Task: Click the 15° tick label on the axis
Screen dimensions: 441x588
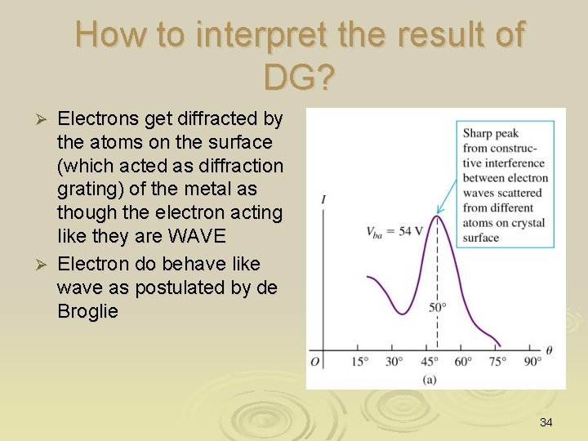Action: click(360, 361)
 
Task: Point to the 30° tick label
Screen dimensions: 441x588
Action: click(394, 361)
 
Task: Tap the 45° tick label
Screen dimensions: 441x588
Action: click(430, 361)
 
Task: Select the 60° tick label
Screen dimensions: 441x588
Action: click(464, 361)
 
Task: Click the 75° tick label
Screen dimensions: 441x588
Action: click(499, 361)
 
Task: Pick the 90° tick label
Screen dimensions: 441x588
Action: click(532, 361)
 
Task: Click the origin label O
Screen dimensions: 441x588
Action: click(315, 361)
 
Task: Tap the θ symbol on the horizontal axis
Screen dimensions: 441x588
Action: click(550, 350)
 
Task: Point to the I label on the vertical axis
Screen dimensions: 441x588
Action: click(325, 199)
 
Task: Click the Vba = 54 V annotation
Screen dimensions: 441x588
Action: click(395, 231)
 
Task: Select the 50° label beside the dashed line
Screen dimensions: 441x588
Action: click(439, 307)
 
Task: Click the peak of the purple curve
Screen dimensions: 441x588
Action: click(437, 216)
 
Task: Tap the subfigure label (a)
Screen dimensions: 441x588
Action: click(429, 379)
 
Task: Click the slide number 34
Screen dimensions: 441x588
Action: click(546, 422)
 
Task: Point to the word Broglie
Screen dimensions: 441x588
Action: click(88, 311)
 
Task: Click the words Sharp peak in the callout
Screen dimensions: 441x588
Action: click(491, 133)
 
